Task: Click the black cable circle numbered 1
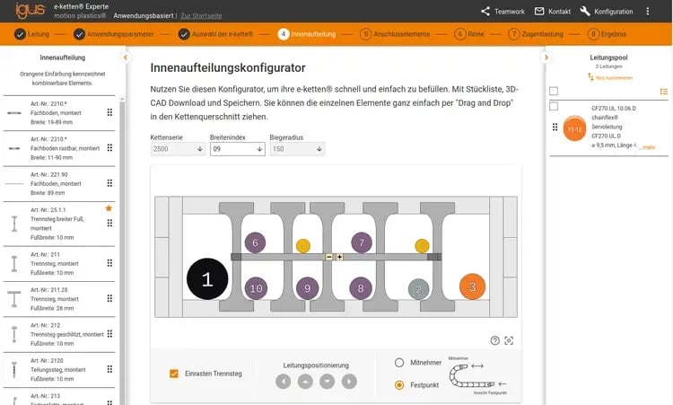click(207, 279)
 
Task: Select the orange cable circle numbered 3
click(472, 287)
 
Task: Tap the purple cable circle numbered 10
click(256, 288)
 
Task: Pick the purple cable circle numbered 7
click(361, 242)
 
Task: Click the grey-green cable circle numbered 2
click(417, 288)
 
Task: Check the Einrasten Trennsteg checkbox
click(174, 373)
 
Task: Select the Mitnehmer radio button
click(399, 362)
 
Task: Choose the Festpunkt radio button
click(399, 384)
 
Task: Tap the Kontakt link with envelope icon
click(553, 12)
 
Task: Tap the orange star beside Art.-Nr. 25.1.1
click(109, 208)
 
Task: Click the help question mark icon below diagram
click(494, 339)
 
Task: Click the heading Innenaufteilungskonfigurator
click(228, 68)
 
